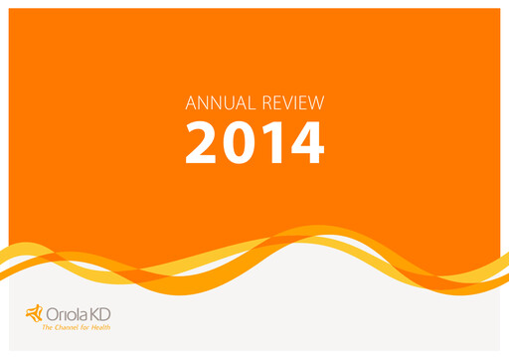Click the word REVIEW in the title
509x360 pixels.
[291, 101]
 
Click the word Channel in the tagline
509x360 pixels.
[67, 326]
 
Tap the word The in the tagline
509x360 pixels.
[47, 326]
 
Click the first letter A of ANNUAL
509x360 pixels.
[192, 101]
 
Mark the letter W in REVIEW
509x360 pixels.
[318, 101]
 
